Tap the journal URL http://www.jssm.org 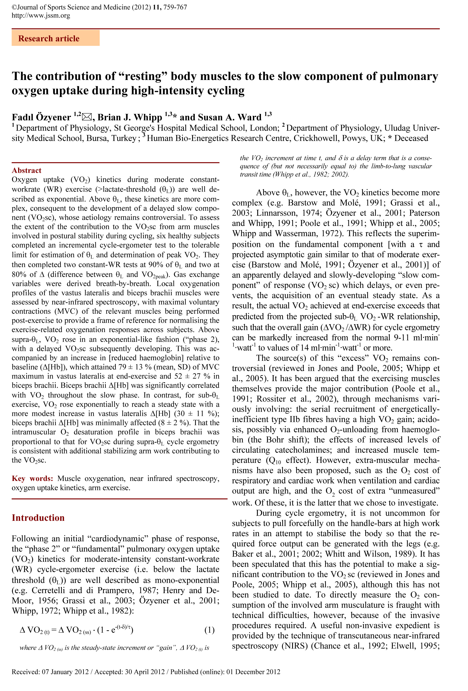[41, 15]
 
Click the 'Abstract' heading [26, 170]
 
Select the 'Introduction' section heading [38, 518]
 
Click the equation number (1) [209, 630]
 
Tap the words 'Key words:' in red [32, 478]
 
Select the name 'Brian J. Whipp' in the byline [130, 117]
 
